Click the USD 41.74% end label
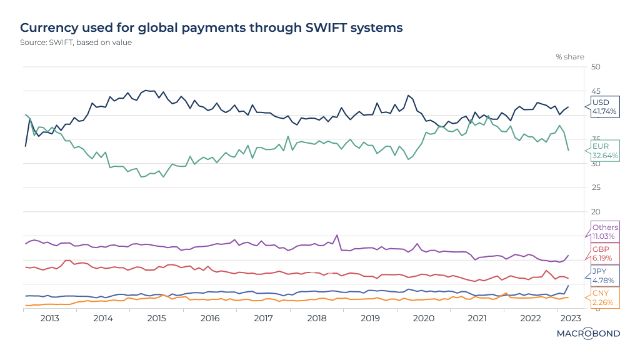[604, 107]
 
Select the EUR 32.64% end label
[604, 151]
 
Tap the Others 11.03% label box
[604, 232]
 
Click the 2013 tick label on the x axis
[49, 318]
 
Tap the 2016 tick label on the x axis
[210, 318]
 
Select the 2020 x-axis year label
[424, 318]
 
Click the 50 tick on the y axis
[596, 67]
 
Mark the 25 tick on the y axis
[596, 187]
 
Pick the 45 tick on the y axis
[596, 91]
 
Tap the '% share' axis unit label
[570, 57]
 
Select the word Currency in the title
[50, 27]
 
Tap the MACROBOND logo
[588, 334]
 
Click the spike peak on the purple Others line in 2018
[337, 236]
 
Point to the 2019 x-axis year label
[371, 318]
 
